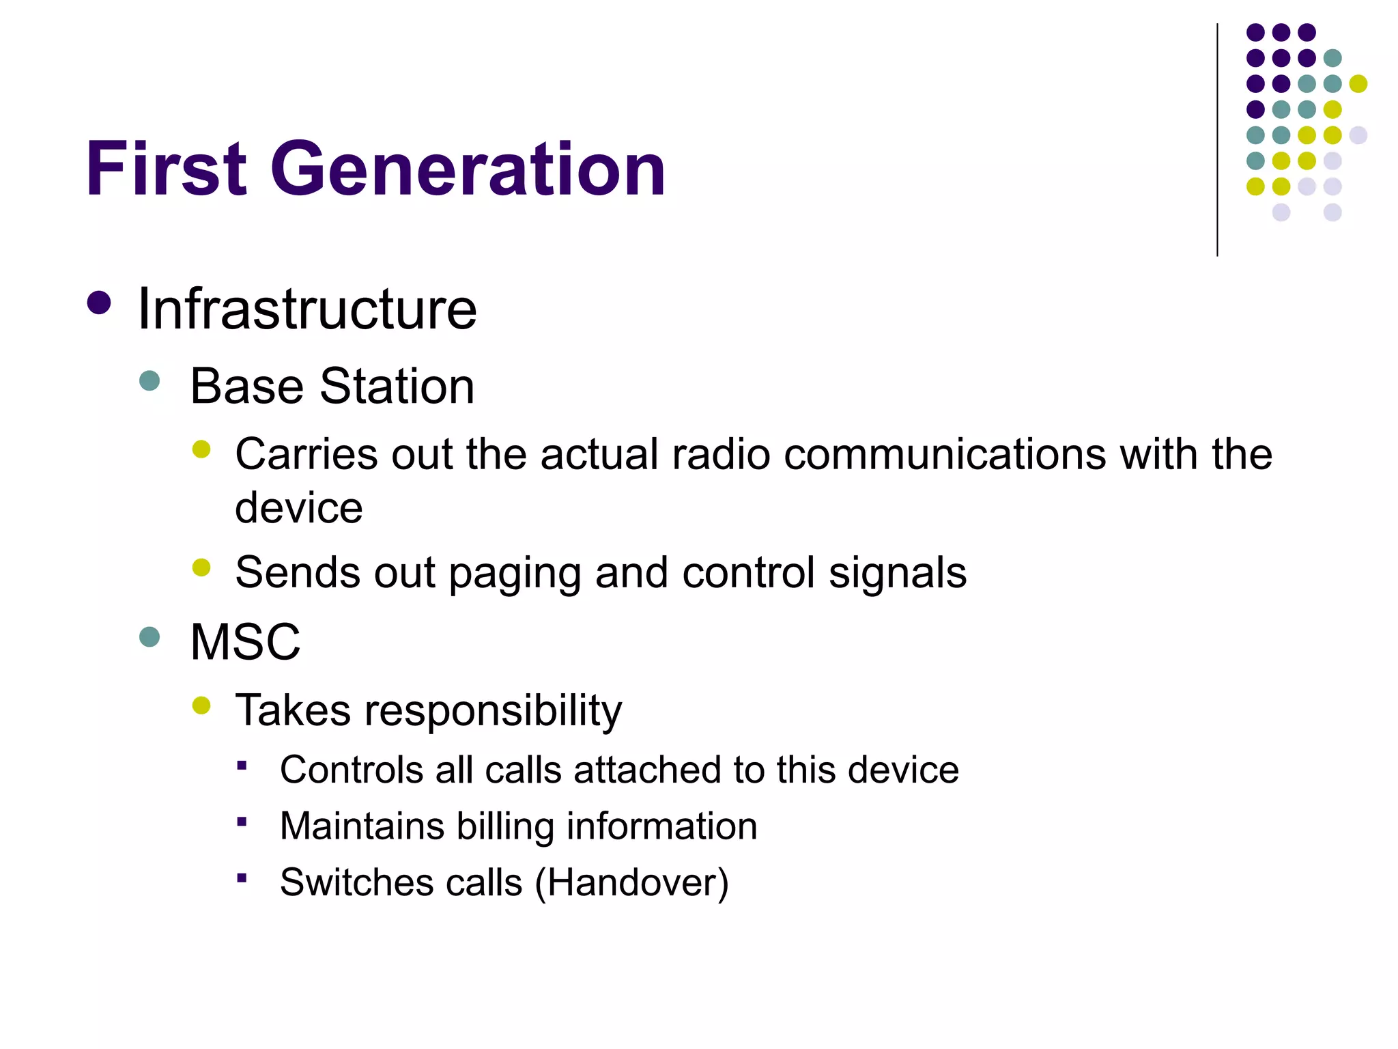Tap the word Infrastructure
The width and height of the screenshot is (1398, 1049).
pos(307,309)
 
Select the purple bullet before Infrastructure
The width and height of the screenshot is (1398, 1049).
pos(100,303)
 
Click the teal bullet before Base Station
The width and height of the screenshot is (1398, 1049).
pos(149,380)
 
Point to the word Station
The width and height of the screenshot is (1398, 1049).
pos(397,387)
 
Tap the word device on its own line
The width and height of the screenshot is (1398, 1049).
pos(298,508)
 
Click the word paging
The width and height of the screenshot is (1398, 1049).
pos(515,572)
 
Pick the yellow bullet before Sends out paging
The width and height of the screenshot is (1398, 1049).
pos(201,568)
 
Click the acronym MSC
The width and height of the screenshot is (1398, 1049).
pos(245,643)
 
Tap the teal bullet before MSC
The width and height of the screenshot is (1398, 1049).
pos(149,637)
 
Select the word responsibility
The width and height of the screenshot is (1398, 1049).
pos(493,711)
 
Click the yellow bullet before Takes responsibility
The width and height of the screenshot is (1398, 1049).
pos(201,705)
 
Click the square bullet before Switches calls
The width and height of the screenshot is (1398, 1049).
pos(242,878)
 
